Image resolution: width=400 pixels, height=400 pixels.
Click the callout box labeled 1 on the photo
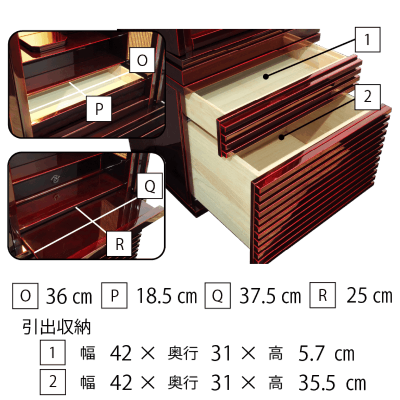(368, 40)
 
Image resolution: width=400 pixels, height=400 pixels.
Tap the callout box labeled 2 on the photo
(368, 97)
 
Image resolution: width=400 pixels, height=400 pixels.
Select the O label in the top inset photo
(142, 60)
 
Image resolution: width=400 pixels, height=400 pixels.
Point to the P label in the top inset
(99, 109)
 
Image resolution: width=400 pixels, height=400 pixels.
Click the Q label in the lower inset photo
(150, 186)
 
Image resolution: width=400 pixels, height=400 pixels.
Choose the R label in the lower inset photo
(119, 244)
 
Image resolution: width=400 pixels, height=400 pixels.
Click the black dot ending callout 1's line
(266, 76)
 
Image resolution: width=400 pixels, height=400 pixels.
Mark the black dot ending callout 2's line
(281, 137)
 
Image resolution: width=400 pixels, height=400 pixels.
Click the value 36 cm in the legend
(69, 296)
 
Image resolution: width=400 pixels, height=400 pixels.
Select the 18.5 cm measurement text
(167, 296)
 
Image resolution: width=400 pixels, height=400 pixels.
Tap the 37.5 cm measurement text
(270, 296)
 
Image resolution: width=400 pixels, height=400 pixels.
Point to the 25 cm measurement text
(369, 295)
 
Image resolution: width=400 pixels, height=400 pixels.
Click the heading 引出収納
(57, 327)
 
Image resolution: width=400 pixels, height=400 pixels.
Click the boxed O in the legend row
(25, 296)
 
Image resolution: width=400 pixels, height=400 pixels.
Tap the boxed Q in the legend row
(218, 295)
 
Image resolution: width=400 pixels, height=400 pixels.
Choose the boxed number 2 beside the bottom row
(53, 382)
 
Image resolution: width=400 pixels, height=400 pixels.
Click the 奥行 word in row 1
(183, 354)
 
